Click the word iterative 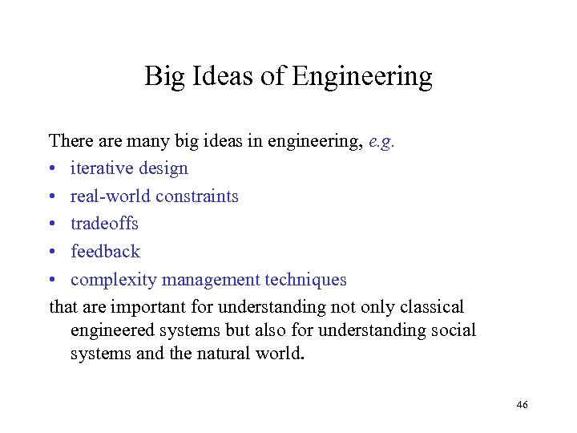point(102,168)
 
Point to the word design point(163,169)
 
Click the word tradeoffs point(104,224)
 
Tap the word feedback point(105,252)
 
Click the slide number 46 point(522,406)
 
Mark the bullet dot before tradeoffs point(52,225)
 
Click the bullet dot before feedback point(52,253)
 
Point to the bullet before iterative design point(52,169)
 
